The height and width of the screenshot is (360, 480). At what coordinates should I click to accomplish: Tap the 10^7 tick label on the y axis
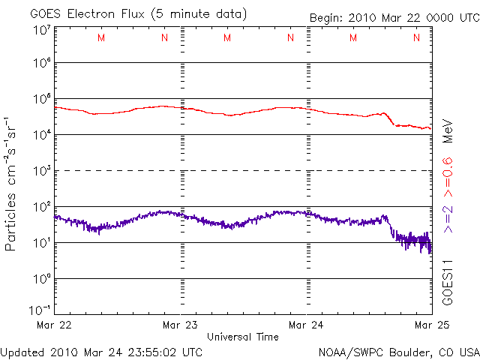(41, 30)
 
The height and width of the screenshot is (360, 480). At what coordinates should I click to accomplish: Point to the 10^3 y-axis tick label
(41, 170)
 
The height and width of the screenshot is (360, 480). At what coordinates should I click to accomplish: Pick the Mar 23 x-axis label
(182, 325)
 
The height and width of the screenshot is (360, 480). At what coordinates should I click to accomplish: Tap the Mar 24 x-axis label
(307, 325)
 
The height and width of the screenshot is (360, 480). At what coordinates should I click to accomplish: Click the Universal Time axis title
(243, 337)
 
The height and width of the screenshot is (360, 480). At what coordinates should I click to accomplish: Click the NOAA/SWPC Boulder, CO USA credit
(398, 351)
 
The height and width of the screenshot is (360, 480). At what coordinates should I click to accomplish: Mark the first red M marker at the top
(101, 38)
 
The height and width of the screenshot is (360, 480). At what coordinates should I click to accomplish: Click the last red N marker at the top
(415, 38)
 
